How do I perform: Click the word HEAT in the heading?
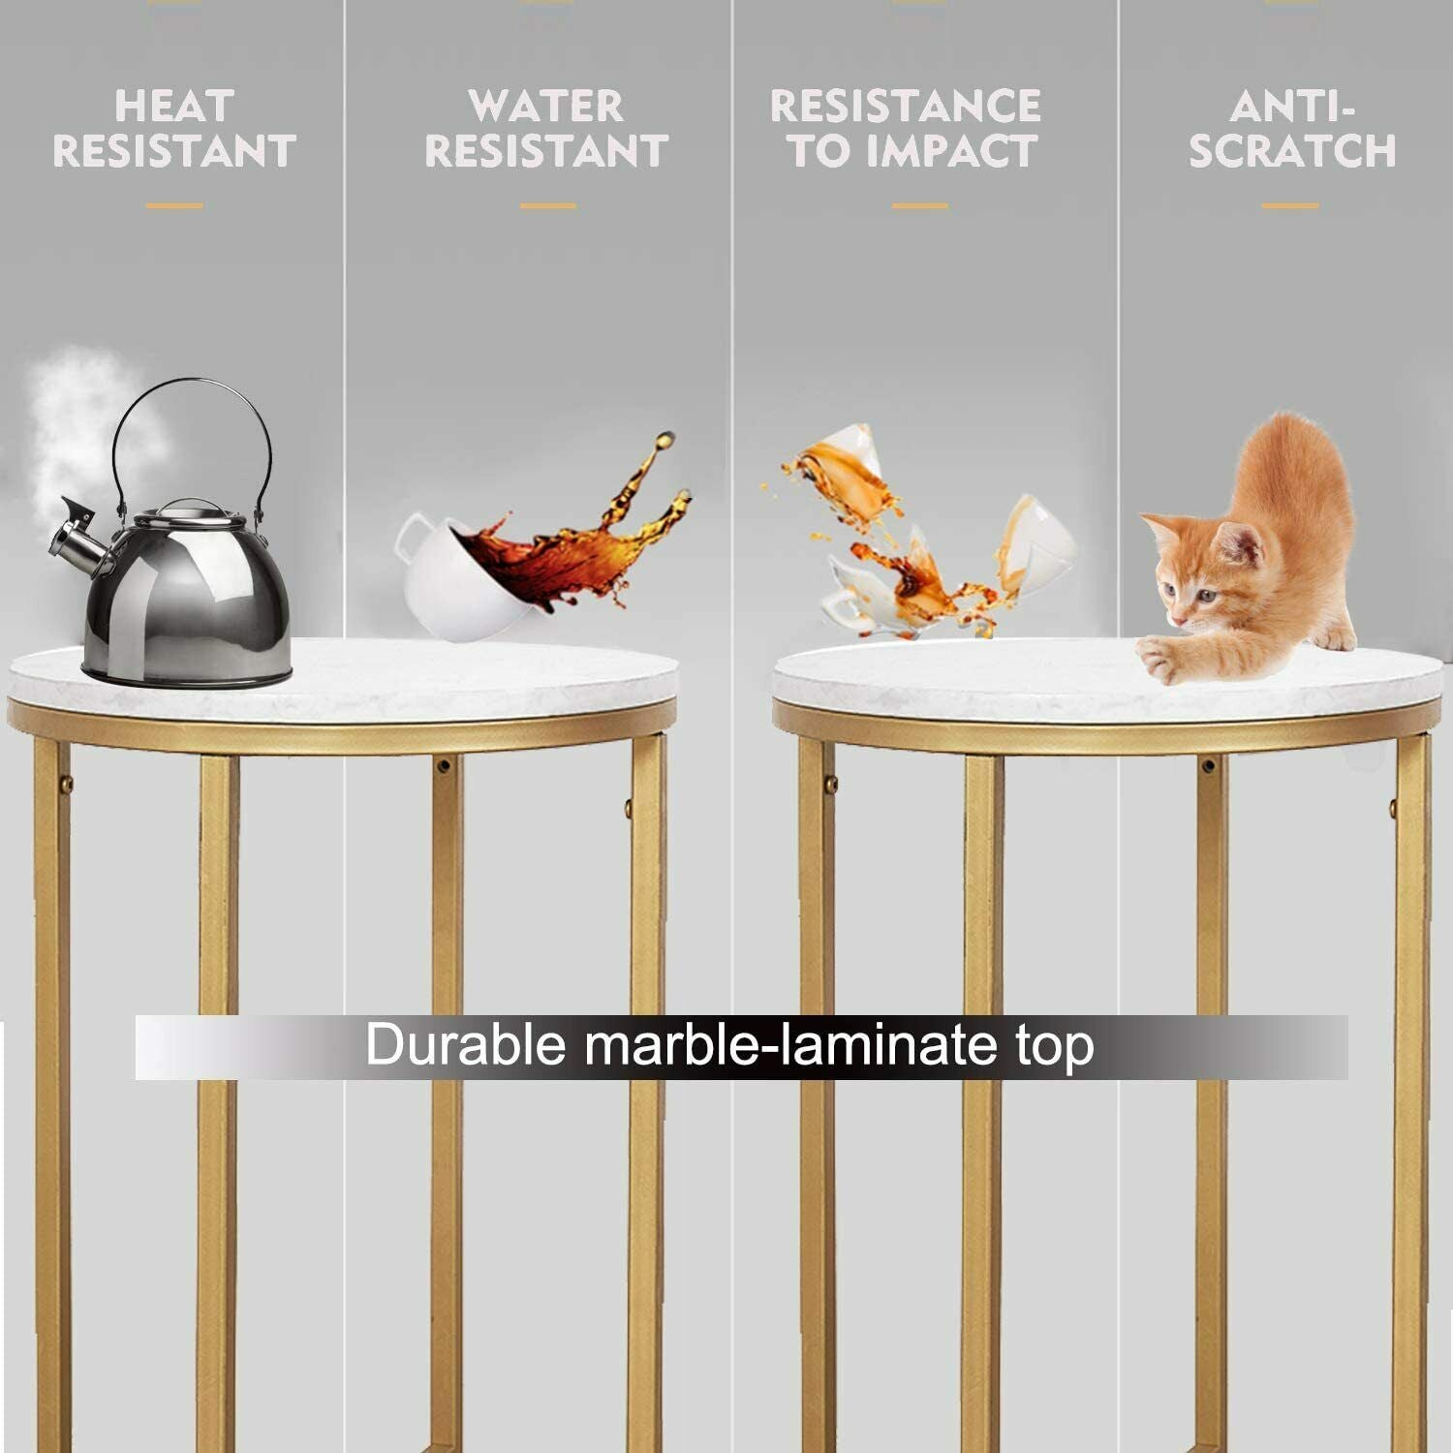tap(174, 105)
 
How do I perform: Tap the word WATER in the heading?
tap(546, 105)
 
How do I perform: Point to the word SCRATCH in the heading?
tap(1292, 151)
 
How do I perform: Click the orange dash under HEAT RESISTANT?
tap(174, 205)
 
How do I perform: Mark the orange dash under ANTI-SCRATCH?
tap(1290, 205)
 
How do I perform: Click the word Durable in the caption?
tap(465, 1046)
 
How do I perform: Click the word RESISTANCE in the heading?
tap(906, 105)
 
